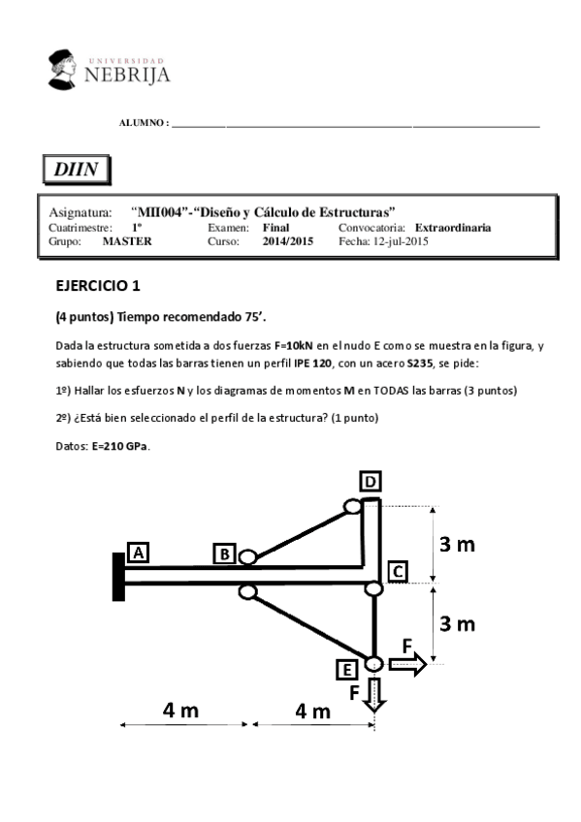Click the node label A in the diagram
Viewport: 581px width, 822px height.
pyautogui.click(x=138, y=552)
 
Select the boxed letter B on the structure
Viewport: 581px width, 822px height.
pyautogui.click(x=224, y=553)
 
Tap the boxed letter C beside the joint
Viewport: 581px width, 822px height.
pyautogui.click(x=397, y=571)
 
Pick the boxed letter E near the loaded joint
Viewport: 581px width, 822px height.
pyautogui.click(x=345, y=669)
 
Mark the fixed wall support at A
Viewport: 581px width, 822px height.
pyautogui.click(x=118, y=575)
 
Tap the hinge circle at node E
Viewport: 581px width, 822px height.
pyautogui.click(x=374, y=664)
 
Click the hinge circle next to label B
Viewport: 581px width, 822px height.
pyautogui.click(x=247, y=557)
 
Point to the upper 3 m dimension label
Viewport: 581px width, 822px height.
pyautogui.click(x=457, y=545)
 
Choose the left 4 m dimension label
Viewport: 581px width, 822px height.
pyautogui.click(x=180, y=711)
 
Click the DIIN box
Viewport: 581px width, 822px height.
pyautogui.click(x=75, y=168)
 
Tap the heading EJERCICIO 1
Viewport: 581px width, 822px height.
pyautogui.click(x=98, y=286)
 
